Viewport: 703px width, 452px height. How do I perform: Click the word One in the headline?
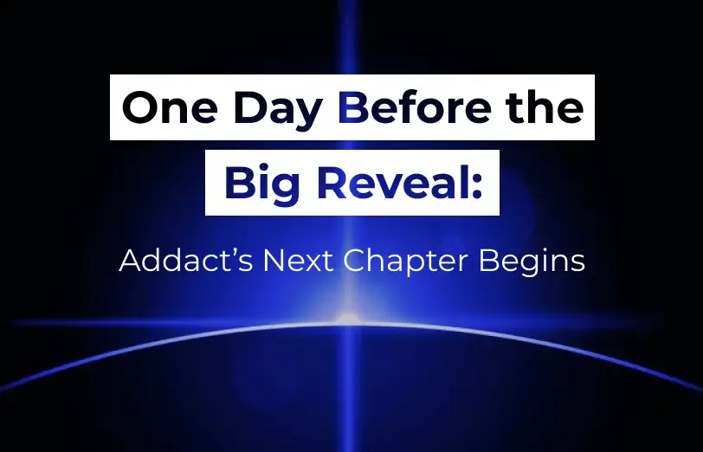point(169,107)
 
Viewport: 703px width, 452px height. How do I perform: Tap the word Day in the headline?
point(277,111)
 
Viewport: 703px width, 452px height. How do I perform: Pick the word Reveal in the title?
point(392,183)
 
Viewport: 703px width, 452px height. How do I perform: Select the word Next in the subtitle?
point(298,261)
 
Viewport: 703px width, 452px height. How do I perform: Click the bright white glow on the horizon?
point(349,320)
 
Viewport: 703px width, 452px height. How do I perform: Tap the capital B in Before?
point(354,107)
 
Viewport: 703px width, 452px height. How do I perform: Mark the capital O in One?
point(139,107)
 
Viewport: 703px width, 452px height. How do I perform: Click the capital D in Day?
point(249,107)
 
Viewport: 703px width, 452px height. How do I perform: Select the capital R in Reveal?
point(332,183)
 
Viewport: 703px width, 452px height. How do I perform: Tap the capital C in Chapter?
point(354,261)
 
